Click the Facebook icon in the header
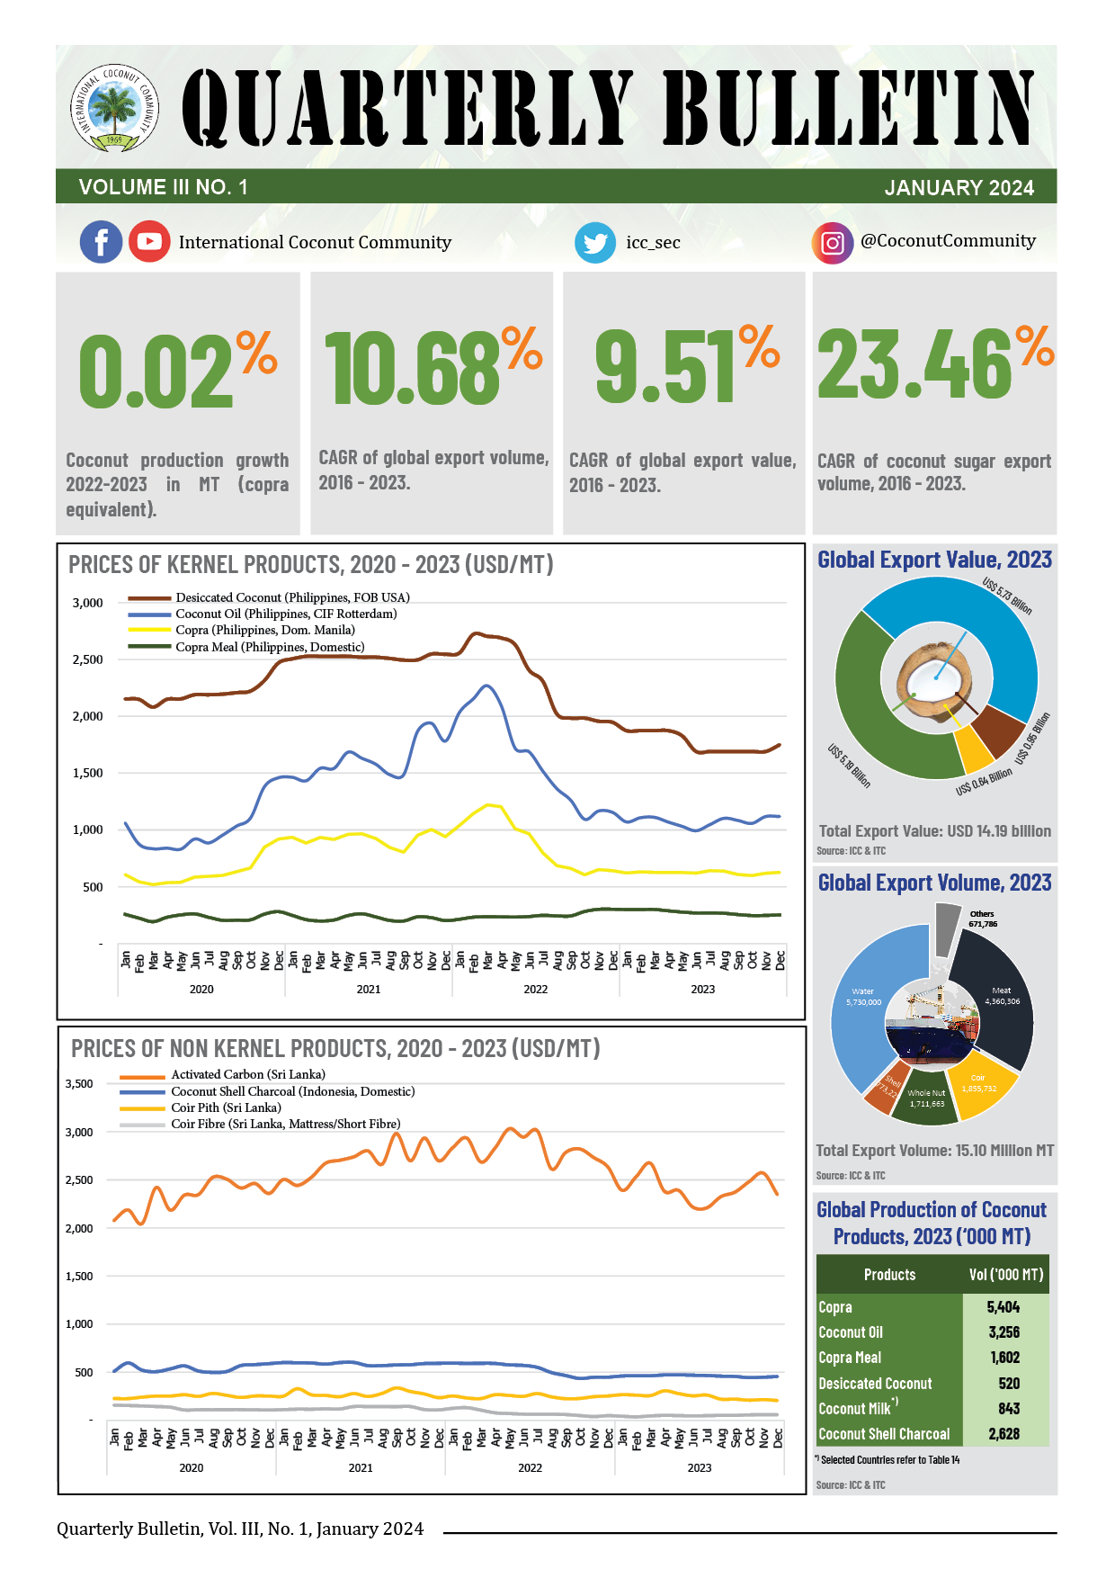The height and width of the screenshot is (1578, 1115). pyautogui.click(x=102, y=242)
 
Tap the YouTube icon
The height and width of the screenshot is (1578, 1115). pyautogui.click(x=149, y=242)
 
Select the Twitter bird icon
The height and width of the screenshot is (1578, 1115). pyautogui.click(x=595, y=243)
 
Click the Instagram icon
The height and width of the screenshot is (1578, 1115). pyautogui.click(x=833, y=243)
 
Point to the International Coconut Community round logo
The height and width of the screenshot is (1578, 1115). pyautogui.click(x=115, y=111)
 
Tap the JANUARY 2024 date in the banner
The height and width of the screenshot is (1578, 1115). pyautogui.click(x=959, y=188)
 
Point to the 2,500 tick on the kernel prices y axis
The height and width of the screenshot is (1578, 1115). pyautogui.click(x=88, y=659)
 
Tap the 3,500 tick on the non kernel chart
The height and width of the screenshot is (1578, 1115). pyautogui.click(x=79, y=1083)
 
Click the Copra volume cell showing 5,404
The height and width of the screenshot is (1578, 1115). pyautogui.click(x=1003, y=1307)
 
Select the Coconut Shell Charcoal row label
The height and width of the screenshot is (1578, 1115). pyautogui.click(x=884, y=1434)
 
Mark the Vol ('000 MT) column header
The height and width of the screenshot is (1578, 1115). pyautogui.click(x=1005, y=1275)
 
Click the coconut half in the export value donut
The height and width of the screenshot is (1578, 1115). pyautogui.click(x=936, y=680)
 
